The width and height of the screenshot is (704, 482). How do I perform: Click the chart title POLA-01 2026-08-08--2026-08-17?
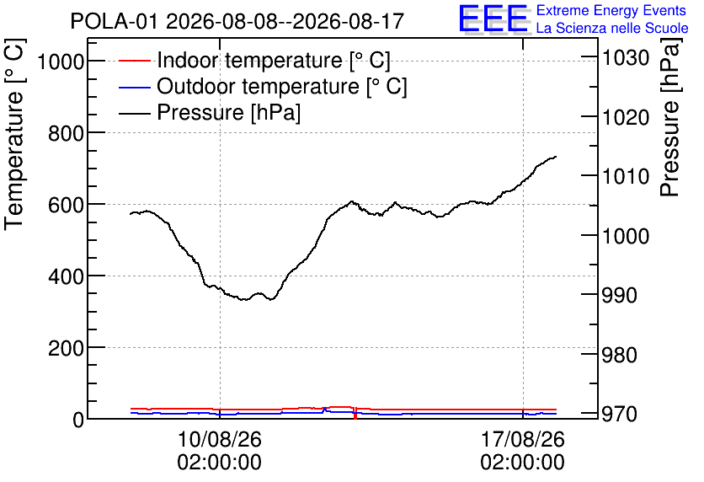click(x=237, y=21)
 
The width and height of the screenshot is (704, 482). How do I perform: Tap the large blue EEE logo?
click(x=493, y=19)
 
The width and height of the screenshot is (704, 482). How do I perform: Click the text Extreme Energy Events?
click(x=611, y=10)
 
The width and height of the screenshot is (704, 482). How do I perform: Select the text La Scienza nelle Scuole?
click(x=612, y=29)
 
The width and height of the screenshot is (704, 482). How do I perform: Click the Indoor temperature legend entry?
click(x=254, y=60)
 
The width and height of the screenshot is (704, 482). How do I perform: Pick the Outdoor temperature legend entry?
click(x=263, y=86)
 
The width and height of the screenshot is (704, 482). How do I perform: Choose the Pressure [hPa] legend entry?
click(x=210, y=112)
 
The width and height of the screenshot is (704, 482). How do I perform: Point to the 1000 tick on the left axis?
click(x=61, y=61)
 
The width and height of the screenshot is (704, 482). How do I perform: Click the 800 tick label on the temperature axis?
click(x=67, y=132)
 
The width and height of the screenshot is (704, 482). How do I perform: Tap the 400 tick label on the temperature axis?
click(x=67, y=276)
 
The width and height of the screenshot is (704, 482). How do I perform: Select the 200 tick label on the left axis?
click(x=67, y=348)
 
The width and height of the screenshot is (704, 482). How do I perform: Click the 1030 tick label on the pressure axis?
click(x=626, y=57)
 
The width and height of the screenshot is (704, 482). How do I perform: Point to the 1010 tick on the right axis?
click(x=626, y=177)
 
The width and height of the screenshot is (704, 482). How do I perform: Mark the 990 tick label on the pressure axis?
click(x=620, y=295)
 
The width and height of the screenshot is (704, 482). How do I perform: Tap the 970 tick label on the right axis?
click(x=620, y=413)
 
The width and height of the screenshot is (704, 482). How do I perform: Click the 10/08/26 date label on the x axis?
click(x=220, y=439)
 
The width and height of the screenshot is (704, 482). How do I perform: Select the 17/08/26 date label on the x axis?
click(x=523, y=439)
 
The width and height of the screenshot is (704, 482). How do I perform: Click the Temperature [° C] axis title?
click(x=14, y=134)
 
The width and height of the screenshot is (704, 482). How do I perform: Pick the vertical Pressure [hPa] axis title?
click(x=669, y=117)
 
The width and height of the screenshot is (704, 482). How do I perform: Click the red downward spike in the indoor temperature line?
click(x=355, y=413)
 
